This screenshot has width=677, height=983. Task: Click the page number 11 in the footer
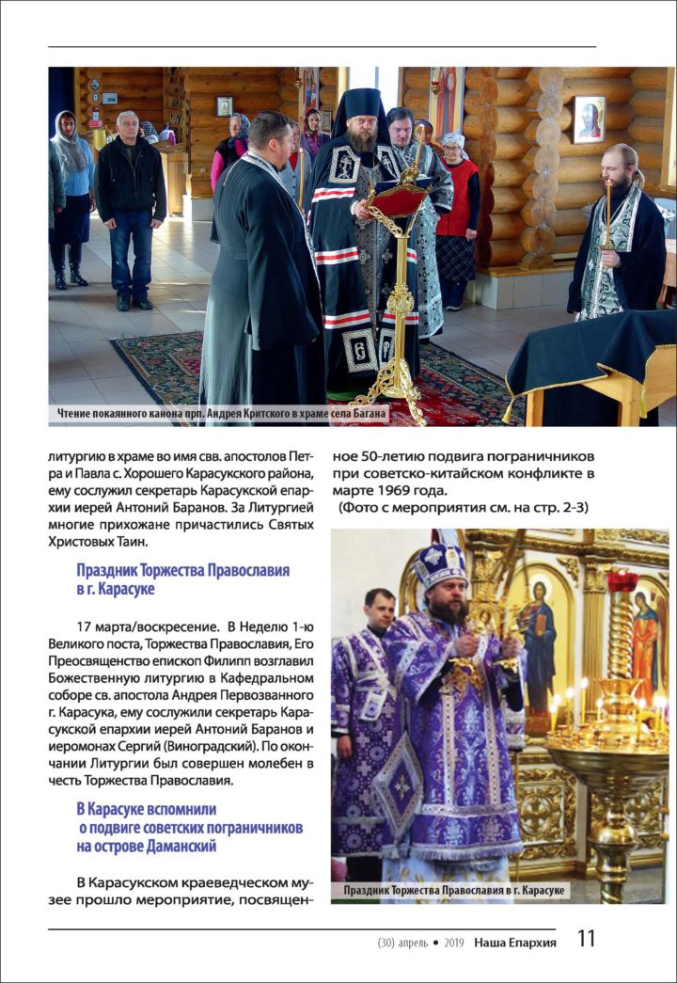(586, 939)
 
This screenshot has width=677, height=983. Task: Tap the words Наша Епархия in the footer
(514, 942)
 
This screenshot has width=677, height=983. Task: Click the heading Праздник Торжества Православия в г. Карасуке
(182, 579)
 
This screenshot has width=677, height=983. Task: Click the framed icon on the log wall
(590, 119)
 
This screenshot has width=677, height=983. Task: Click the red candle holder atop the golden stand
(622, 582)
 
